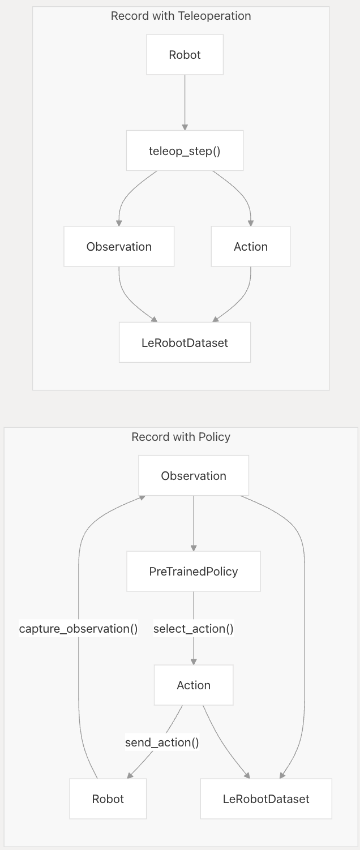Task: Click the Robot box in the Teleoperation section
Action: click(185, 55)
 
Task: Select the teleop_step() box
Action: click(185, 151)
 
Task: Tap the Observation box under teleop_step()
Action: click(119, 247)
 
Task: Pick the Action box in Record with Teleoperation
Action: click(250, 247)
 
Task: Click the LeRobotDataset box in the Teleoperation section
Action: click(185, 342)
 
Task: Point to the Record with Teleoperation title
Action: click(181, 16)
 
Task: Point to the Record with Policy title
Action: click(181, 437)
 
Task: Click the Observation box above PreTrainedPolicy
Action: click(194, 476)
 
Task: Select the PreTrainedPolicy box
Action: click(194, 572)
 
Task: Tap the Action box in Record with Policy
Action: click(194, 685)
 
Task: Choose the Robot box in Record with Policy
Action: click(108, 799)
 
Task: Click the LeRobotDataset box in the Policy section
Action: click(266, 799)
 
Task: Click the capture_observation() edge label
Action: click(79, 629)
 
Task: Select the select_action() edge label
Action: click(194, 629)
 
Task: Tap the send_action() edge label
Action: click(162, 742)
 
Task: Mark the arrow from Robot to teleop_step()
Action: click(185, 102)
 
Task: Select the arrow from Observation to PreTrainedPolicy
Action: click(194, 523)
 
